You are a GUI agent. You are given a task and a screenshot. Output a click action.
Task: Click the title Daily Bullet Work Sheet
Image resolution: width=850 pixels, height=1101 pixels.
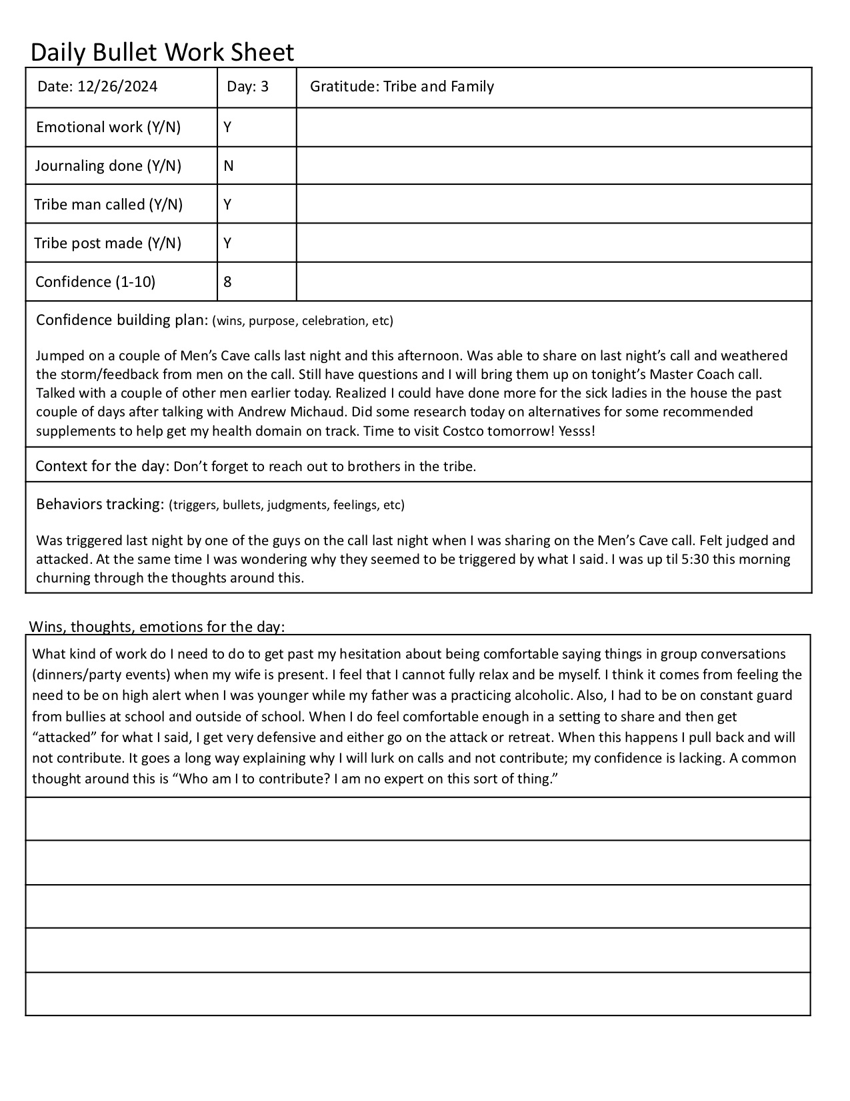click(162, 52)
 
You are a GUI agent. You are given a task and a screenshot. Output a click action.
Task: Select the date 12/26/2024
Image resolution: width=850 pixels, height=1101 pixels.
click(117, 86)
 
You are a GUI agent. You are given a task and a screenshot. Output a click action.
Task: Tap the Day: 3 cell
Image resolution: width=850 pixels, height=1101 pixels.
click(247, 86)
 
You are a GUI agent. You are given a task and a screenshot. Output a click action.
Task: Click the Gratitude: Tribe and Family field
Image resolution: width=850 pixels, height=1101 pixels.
click(402, 86)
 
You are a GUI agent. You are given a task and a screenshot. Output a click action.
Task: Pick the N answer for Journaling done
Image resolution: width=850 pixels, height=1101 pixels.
click(228, 165)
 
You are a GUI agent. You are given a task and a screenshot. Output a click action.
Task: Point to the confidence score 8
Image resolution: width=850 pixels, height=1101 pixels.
click(227, 282)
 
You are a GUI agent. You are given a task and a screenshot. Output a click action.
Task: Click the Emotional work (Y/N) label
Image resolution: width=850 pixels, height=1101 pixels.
click(108, 127)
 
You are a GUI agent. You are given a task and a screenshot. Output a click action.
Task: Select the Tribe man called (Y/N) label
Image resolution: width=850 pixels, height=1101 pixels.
click(108, 204)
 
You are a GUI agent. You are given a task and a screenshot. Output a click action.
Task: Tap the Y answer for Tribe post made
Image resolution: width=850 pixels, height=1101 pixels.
click(227, 243)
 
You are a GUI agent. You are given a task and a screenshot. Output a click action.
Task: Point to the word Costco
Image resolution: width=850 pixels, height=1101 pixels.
click(463, 430)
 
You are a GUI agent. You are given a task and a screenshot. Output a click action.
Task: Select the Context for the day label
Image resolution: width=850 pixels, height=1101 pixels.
click(101, 466)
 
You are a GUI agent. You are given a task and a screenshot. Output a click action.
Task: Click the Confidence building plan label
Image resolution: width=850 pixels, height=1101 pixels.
click(122, 320)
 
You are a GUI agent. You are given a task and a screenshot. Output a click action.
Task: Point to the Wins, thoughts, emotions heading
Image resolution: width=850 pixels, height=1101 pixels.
click(157, 627)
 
